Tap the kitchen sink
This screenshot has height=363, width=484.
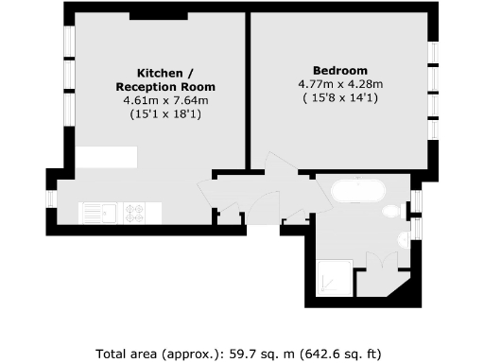[x=96, y=212]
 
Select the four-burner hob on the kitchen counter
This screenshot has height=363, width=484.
[x=135, y=212]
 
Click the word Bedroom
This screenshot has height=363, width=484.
[x=340, y=71]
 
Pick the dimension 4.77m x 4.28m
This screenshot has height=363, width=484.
[x=340, y=83]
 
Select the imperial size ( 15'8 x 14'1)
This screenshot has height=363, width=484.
[x=340, y=96]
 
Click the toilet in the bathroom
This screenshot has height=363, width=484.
[x=391, y=214]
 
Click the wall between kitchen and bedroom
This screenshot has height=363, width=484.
[x=248, y=90]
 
